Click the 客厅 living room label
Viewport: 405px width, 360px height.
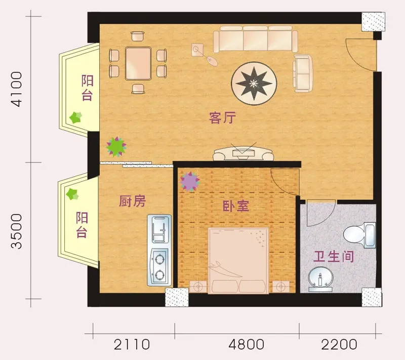click(x=222, y=118)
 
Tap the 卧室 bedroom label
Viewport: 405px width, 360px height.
click(x=236, y=206)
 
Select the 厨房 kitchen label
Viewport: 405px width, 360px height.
click(x=133, y=201)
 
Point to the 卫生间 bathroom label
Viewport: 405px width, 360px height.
click(x=333, y=256)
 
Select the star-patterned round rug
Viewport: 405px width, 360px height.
click(x=254, y=83)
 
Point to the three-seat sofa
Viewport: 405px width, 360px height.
click(x=255, y=41)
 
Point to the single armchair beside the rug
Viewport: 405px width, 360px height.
click(x=303, y=73)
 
